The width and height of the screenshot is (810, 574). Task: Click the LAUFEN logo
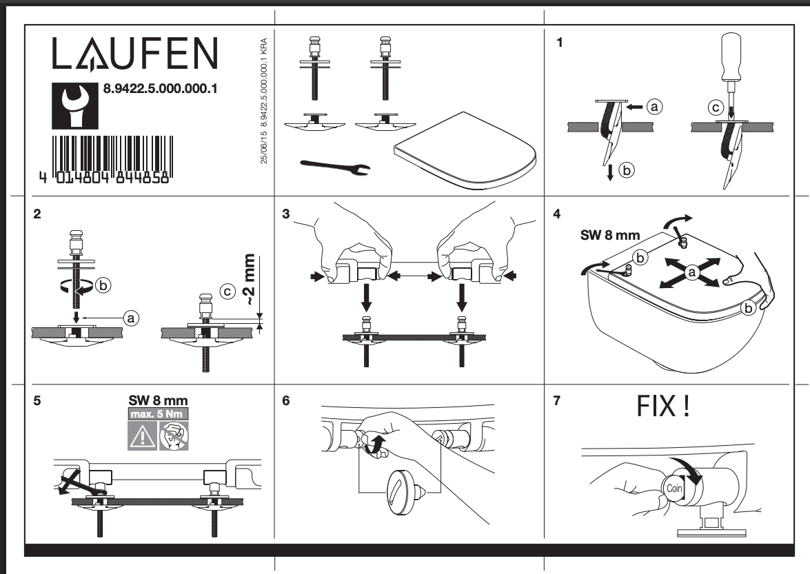(x=135, y=53)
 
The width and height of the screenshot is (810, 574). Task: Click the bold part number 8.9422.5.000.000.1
(x=160, y=89)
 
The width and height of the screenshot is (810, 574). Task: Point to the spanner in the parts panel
(x=335, y=167)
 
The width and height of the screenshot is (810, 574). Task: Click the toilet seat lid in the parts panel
(x=465, y=149)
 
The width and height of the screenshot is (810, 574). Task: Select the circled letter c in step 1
(x=716, y=107)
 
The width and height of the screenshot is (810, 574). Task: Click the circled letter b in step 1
(x=627, y=170)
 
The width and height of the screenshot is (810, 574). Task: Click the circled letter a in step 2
(x=131, y=318)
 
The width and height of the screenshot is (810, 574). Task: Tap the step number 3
(x=286, y=214)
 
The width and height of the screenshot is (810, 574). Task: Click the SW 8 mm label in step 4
(x=610, y=236)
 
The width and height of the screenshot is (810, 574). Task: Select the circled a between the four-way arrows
(x=691, y=272)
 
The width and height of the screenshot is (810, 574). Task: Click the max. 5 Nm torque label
(x=158, y=414)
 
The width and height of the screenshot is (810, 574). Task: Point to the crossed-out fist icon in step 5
(x=174, y=436)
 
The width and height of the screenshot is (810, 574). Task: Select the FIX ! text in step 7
(x=663, y=406)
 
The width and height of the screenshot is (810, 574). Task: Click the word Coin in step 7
(x=674, y=489)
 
